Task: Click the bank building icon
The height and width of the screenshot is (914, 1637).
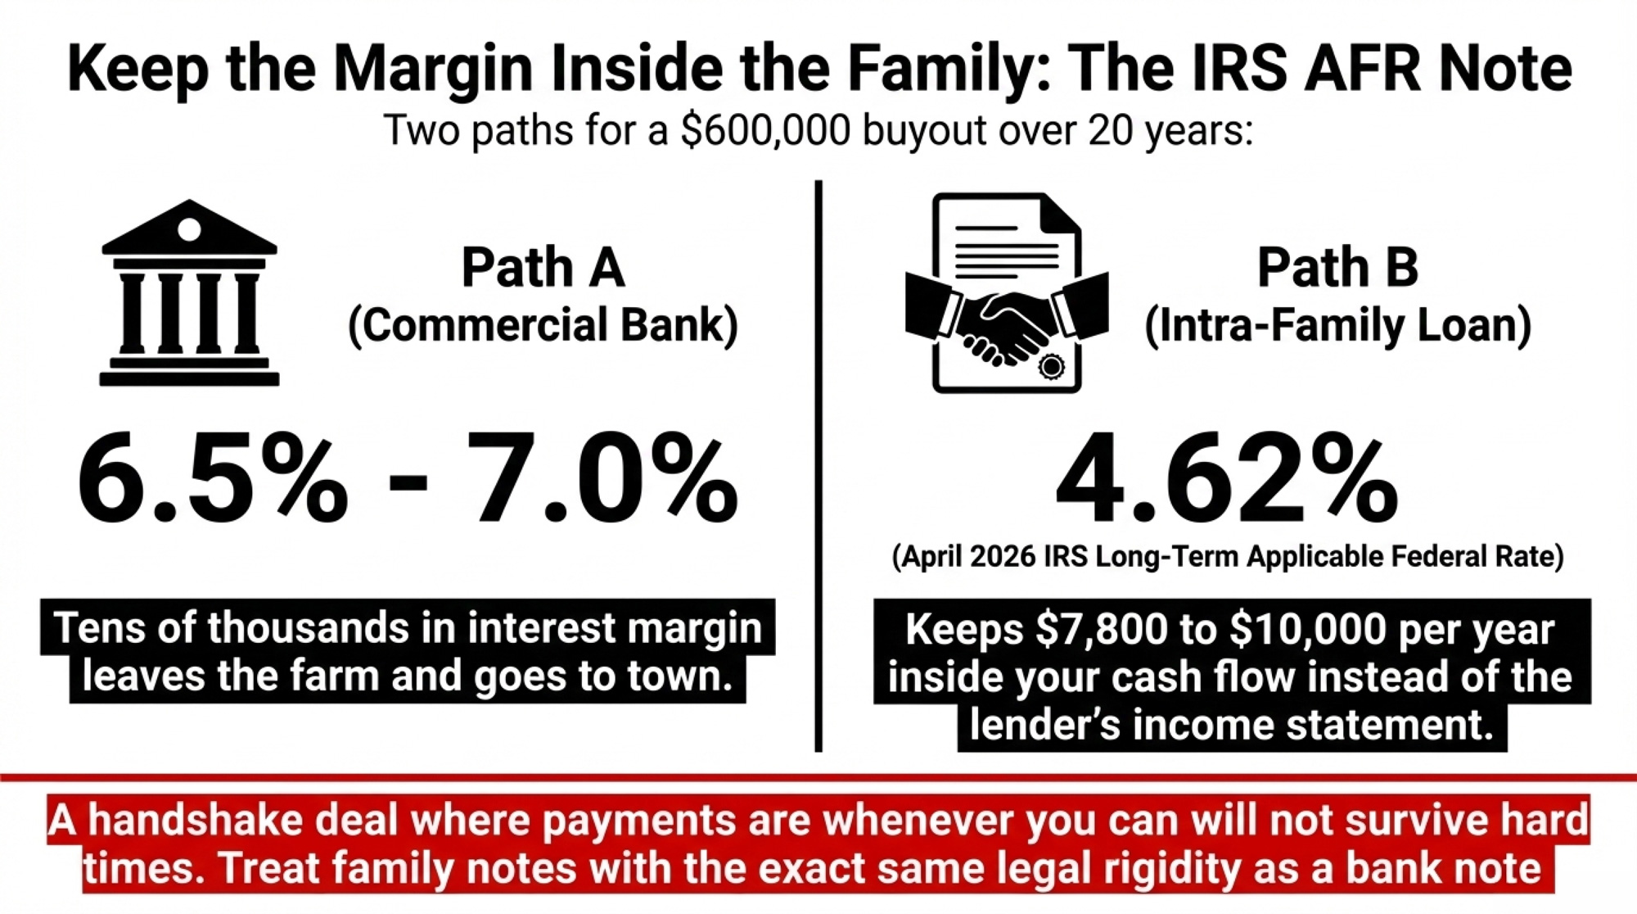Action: tap(189, 292)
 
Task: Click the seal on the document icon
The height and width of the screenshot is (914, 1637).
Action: tap(1051, 366)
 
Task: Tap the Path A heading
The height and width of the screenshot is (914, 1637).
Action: tap(543, 267)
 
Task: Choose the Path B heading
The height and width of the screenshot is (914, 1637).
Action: tap(1337, 267)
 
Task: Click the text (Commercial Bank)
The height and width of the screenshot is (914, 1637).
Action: tap(543, 325)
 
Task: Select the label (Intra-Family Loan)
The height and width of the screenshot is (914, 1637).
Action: tap(1337, 325)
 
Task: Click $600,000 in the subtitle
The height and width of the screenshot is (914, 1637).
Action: tap(765, 130)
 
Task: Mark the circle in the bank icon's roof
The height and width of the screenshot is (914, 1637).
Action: tap(189, 228)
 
